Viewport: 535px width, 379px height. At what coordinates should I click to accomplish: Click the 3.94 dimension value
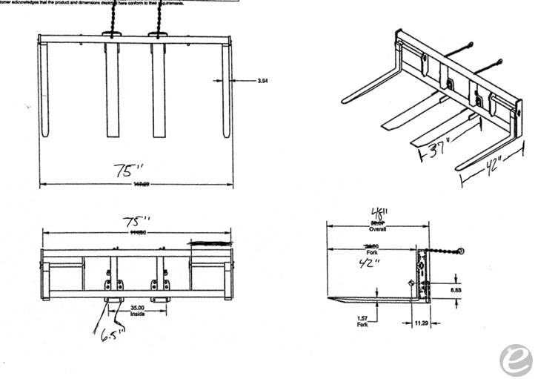tap(263, 80)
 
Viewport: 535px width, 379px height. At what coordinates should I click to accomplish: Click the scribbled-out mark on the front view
tap(210, 242)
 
